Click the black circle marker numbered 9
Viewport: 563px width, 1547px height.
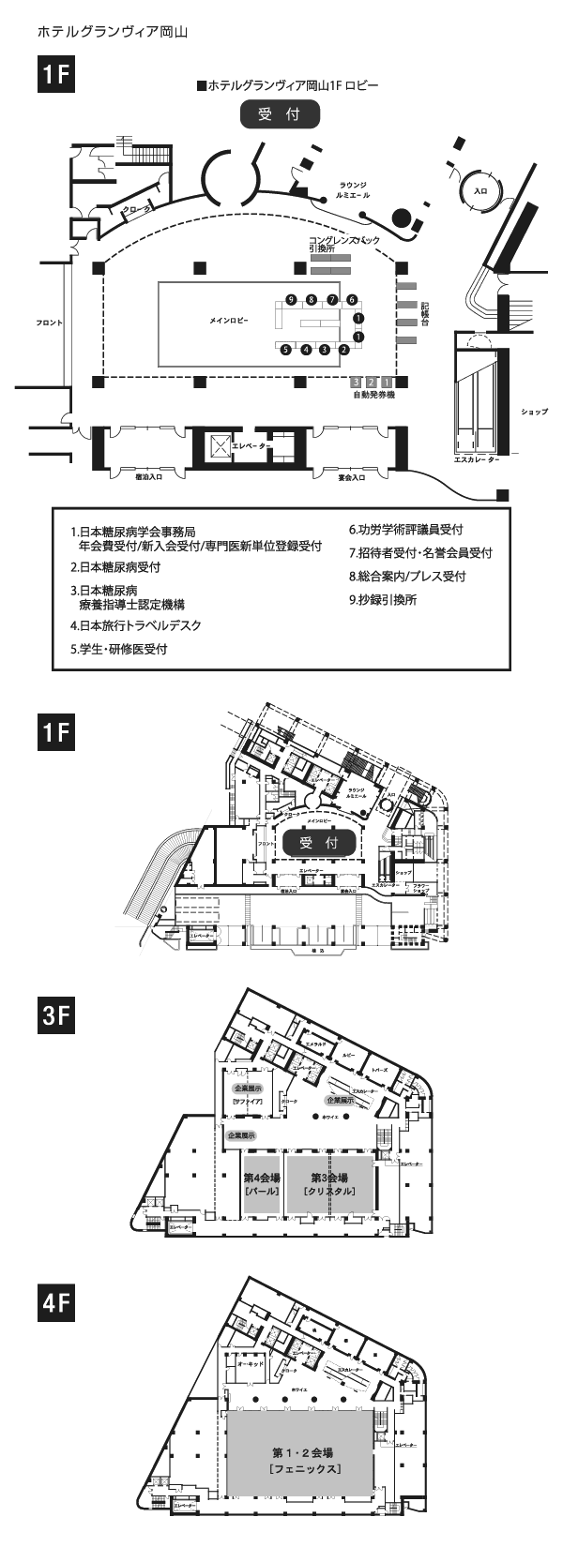tap(291, 299)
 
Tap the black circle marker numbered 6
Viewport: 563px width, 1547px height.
tap(352, 299)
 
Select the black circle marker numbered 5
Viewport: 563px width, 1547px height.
tap(286, 350)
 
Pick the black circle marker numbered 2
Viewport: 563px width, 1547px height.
tap(344, 350)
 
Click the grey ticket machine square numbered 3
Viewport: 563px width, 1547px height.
tap(356, 383)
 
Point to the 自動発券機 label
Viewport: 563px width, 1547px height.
tap(373, 396)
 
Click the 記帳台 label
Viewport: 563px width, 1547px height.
tap(424, 314)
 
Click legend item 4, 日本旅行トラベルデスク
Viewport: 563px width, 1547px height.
tap(136, 625)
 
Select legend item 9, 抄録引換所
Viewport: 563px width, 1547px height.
tap(383, 599)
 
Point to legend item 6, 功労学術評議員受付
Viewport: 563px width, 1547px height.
tap(405, 530)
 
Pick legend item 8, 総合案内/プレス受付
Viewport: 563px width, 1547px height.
tap(407, 576)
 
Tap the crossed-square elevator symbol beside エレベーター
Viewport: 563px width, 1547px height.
tap(218, 445)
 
